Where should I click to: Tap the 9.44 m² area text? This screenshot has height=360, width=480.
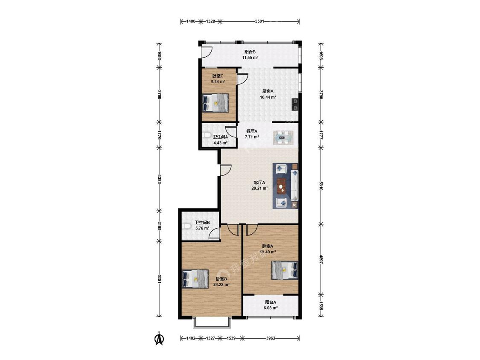(x=218, y=82)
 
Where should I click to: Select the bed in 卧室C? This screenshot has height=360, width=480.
(x=215, y=102)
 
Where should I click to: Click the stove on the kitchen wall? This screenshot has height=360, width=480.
(x=295, y=104)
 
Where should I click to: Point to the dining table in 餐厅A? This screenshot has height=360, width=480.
(x=283, y=137)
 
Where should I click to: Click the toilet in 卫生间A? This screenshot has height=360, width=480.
(x=206, y=135)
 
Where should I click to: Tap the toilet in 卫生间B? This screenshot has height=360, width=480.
(x=186, y=226)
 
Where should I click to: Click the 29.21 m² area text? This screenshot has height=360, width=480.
(x=259, y=189)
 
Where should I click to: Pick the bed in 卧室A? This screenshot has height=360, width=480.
(x=285, y=270)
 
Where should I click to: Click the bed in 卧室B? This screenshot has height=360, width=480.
(x=195, y=279)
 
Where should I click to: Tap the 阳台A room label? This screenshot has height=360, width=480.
(x=271, y=302)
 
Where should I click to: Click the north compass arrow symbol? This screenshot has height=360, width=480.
(x=159, y=339)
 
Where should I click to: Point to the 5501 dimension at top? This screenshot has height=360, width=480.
(x=259, y=21)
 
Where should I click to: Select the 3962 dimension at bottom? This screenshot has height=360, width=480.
(x=271, y=338)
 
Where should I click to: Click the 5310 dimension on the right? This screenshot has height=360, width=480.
(x=320, y=186)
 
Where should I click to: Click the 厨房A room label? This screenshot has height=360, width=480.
(x=268, y=91)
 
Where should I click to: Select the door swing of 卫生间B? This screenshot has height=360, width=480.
(x=215, y=234)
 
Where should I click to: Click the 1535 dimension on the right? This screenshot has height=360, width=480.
(x=320, y=305)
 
